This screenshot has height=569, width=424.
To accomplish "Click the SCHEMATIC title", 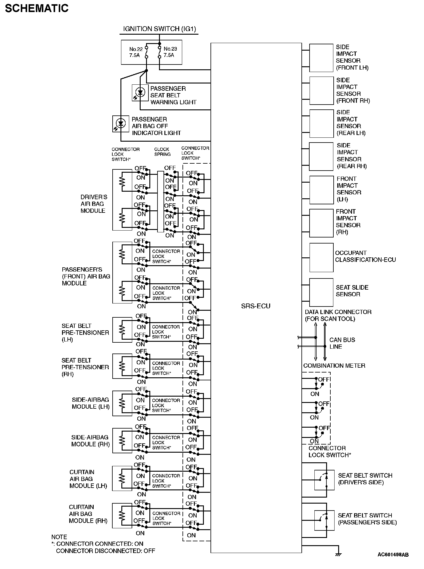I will (x=37, y=8).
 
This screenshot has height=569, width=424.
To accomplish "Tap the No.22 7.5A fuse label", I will (x=136, y=52).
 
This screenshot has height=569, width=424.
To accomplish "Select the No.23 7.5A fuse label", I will (x=170, y=52).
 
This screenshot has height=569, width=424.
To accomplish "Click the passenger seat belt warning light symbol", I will (x=140, y=93).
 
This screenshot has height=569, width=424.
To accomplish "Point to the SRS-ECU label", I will (x=256, y=306).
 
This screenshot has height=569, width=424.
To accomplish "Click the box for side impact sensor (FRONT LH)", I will (x=321, y=58).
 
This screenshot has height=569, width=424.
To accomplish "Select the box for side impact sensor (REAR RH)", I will (x=321, y=157).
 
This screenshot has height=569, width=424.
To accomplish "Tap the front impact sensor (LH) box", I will (x=321, y=190).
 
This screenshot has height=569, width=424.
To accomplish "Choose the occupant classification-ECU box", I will (x=321, y=258).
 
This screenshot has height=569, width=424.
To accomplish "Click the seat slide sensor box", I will (x=321, y=292).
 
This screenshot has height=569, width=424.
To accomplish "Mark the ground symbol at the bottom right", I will (x=338, y=554).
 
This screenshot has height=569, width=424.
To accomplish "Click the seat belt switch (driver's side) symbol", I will (x=324, y=480).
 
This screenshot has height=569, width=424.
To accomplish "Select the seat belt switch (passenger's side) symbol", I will (x=324, y=520).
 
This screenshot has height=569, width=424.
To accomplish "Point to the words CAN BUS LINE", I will (x=342, y=343).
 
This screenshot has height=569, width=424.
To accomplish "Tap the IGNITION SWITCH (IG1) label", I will (x=160, y=29).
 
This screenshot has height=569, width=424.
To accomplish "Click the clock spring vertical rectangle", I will (x=161, y=202).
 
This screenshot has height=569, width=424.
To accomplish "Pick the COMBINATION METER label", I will (x=334, y=366).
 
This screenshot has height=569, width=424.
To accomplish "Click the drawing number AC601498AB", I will (x=393, y=555).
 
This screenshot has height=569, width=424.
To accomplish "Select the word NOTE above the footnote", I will (x=59, y=537).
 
